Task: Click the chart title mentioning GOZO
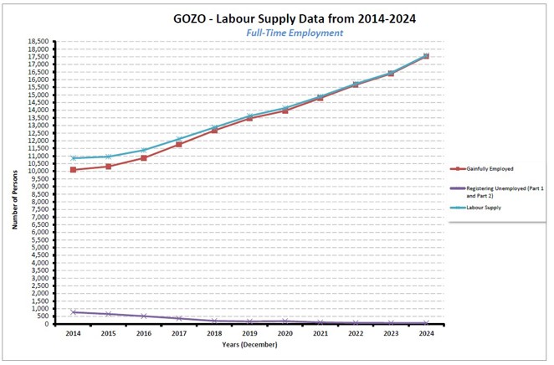click(x=295, y=18)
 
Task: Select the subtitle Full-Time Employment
click(x=295, y=33)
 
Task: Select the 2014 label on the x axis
click(x=74, y=333)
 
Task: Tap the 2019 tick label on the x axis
click(x=249, y=333)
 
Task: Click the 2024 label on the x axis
click(x=426, y=333)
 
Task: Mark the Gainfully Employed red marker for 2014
click(x=74, y=170)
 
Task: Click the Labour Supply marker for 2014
click(x=74, y=158)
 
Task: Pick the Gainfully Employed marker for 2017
click(x=179, y=144)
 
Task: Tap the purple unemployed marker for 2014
click(x=74, y=312)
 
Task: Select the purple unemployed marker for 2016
click(x=144, y=316)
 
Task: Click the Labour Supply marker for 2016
click(x=144, y=150)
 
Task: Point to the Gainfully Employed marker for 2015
click(x=109, y=166)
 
